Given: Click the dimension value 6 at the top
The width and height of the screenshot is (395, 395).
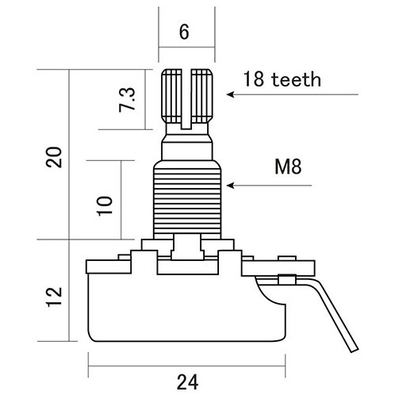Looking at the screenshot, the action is click(x=184, y=32).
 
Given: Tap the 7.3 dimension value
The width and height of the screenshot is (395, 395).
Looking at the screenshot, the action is click(x=127, y=100).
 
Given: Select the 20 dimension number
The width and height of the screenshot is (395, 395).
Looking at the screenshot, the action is click(x=54, y=157).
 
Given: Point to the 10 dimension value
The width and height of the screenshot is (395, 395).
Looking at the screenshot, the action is click(x=105, y=206).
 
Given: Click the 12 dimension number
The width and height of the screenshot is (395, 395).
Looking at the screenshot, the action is click(x=54, y=297).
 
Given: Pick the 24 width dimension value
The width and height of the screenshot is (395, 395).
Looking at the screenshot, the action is click(x=187, y=382).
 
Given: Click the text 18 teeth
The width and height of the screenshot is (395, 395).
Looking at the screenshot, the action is click(x=282, y=79).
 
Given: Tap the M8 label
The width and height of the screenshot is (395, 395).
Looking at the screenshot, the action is click(x=288, y=167).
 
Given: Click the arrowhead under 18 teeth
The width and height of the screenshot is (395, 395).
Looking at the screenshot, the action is click(x=230, y=94).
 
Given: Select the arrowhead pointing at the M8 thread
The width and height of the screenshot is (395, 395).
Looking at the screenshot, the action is click(x=230, y=186).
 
